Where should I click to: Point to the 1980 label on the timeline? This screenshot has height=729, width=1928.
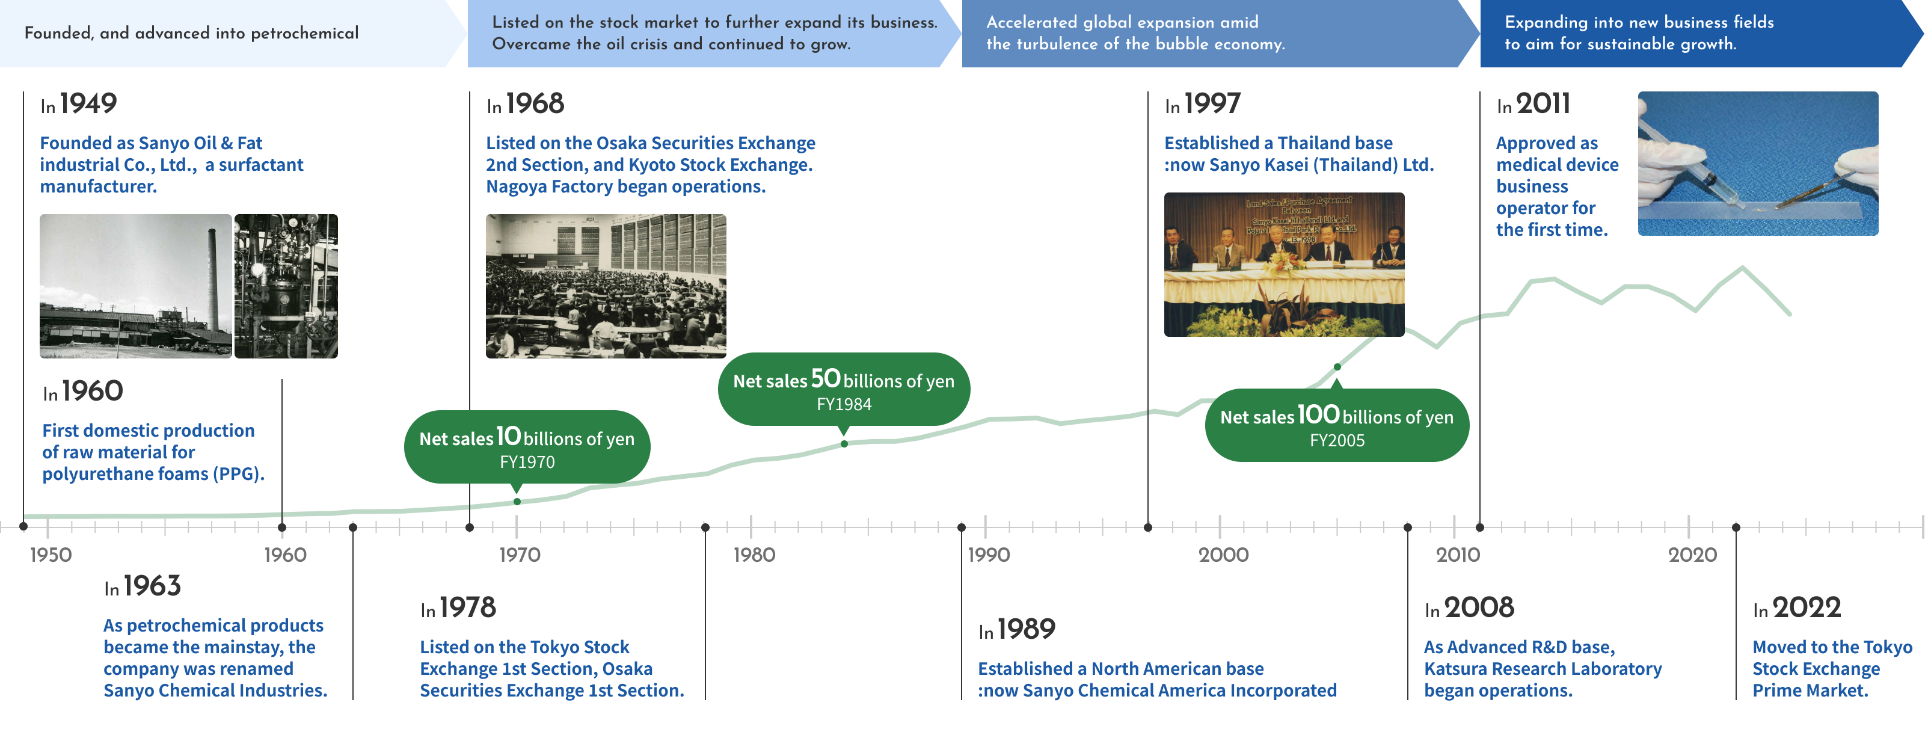click(x=754, y=555)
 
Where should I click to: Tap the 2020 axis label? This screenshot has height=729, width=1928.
click(x=1692, y=555)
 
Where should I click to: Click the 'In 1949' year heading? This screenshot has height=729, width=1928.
click(x=79, y=104)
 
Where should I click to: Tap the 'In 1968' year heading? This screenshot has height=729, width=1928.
click(x=524, y=104)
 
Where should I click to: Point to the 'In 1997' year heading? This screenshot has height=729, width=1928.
click(x=1202, y=104)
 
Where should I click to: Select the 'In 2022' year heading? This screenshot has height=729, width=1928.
click(x=1796, y=607)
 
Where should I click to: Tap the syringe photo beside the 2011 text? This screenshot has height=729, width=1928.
click(x=1757, y=163)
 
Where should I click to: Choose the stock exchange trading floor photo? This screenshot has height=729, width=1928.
click(x=606, y=286)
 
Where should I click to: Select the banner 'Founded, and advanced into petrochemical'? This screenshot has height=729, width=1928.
click(x=192, y=33)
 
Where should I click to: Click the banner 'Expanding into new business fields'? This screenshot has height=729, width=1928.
click(x=1639, y=33)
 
